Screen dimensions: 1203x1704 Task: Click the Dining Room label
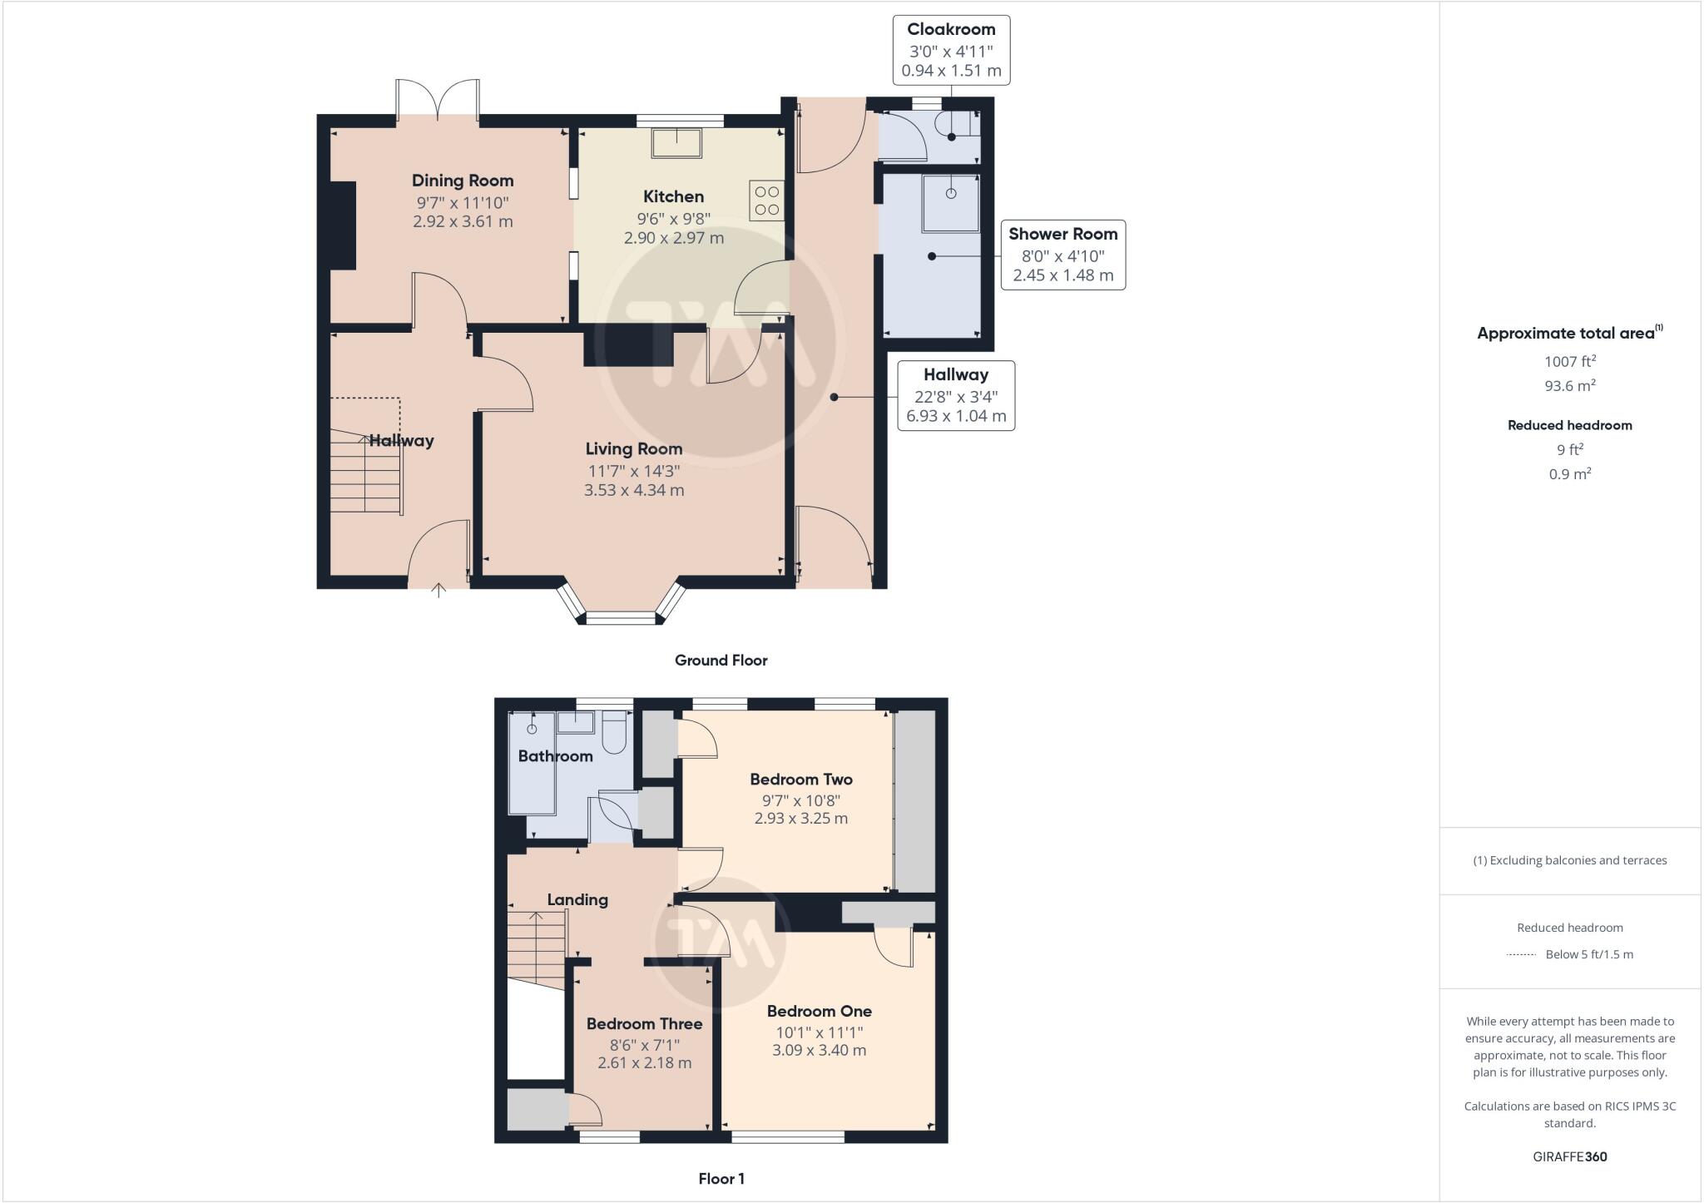click(x=463, y=181)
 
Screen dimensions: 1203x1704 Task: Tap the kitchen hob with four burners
click(x=766, y=200)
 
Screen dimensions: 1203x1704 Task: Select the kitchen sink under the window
click(x=676, y=143)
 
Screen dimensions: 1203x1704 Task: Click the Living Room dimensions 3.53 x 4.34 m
click(x=634, y=490)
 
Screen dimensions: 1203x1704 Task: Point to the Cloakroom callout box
click(x=951, y=50)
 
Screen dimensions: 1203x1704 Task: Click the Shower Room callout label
click(x=1063, y=235)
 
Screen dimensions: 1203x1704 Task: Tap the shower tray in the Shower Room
click(x=949, y=202)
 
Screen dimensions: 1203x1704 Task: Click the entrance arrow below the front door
click(x=438, y=590)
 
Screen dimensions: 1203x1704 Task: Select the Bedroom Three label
click(x=644, y=1024)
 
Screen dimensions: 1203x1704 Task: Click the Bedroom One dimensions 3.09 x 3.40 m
click(x=819, y=1050)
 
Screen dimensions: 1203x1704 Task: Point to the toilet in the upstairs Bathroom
click(x=615, y=732)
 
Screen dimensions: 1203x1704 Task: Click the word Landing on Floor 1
click(x=577, y=899)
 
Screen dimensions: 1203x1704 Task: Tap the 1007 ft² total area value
click(x=1569, y=361)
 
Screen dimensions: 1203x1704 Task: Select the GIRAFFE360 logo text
click(x=1569, y=1156)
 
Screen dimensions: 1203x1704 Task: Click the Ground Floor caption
click(x=721, y=660)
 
